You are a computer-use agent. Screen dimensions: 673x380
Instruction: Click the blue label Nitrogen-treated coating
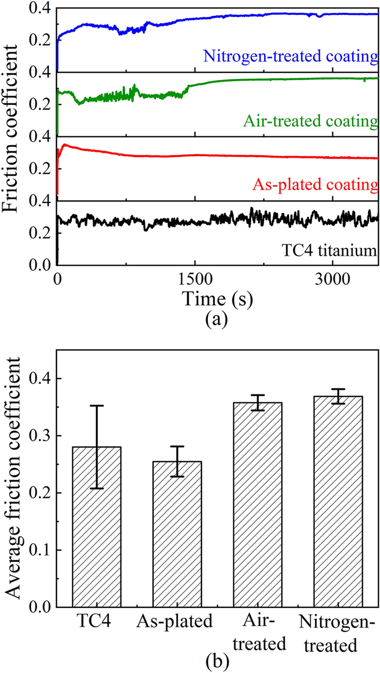pyautogui.click(x=290, y=56)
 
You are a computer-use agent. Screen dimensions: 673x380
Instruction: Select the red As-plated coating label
pyautogui.click(x=314, y=185)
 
